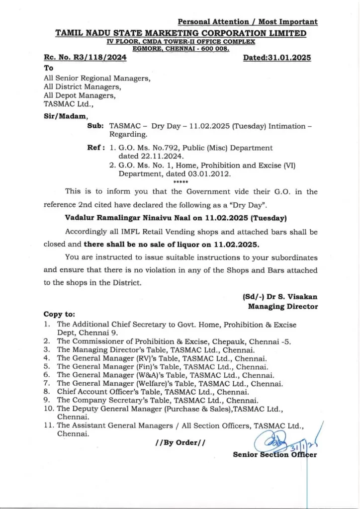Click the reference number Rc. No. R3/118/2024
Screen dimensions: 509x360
pyautogui.click(x=85, y=58)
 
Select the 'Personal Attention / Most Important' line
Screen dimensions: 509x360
pyautogui.click(x=248, y=21)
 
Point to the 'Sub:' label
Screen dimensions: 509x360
pyautogui.click(x=95, y=126)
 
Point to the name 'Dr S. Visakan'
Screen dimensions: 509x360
pyautogui.click(x=291, y=297)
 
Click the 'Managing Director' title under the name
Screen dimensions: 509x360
pyautogui.click(x=283, y=306)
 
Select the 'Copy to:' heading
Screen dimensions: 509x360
pyautogui.click(x=60, y=314)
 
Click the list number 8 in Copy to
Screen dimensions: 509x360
pyautogui.click(x=46, y=392)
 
